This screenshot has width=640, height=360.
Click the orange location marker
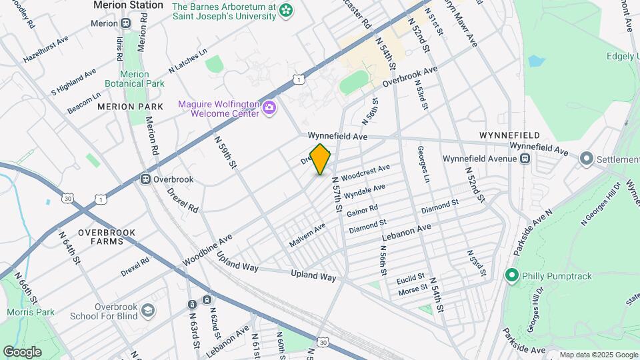(x=321, y=159)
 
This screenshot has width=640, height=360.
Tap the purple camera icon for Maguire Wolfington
(x=269, y=107)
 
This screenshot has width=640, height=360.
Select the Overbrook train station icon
(x=145, y=179)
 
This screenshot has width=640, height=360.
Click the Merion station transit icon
(x=126, y=23)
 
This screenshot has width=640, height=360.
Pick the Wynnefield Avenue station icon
(x=525, y=159)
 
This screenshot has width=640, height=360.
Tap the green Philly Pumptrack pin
(x=511, y=275)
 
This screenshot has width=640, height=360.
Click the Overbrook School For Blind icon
(x=147, y=310)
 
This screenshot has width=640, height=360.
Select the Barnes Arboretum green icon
(x=286, y=11)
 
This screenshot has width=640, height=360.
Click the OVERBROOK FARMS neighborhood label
(x=107, y=237)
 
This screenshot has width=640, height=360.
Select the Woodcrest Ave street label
(x=364, y=174)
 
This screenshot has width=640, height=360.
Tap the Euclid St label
(x=411, y=277)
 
